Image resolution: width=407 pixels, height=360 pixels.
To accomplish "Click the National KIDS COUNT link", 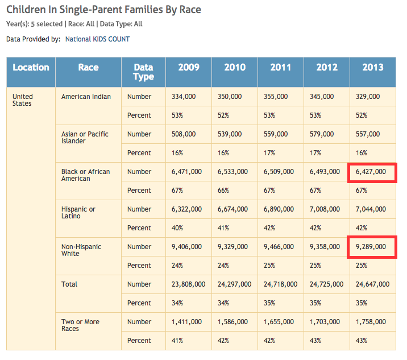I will pyautogui.click(x=97, y=39).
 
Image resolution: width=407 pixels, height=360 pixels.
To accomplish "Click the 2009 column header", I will pyautogui.click(x=189, y=67).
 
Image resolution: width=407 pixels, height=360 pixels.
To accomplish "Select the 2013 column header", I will pyautogui.click(x=373, y=67).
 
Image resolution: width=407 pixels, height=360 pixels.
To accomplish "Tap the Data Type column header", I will pyautogui.click(x=143, y=72).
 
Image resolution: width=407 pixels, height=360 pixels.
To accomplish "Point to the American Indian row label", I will pyautogui.click(x=86, y=97).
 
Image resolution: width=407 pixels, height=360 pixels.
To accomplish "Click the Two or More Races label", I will pyautogui.click(x=80, y=325).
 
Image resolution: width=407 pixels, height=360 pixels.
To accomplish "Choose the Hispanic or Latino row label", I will pyautogui.click(x=78, y=213).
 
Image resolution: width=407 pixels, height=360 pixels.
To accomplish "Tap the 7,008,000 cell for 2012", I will pyautogui.click(x=326, y=209).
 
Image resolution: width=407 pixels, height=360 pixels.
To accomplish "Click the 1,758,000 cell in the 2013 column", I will pyautogui.click(x=373, y=322).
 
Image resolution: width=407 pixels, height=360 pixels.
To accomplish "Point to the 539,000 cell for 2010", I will pyautogui.click(x=230, y=134).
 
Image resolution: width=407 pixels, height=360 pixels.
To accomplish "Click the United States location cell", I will pyautogui.click(x=23, y=100).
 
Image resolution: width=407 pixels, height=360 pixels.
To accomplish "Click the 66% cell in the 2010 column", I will pyautogui.click(x=223, y=191).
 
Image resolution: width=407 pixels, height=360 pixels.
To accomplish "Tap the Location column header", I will pyautogui.click(x=31, y=67).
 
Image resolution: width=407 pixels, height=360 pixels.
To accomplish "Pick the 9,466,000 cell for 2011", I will pyautogui.click(x=279, y=247).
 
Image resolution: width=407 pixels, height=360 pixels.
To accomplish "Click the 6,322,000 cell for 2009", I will pyautogui.click(x=187, y=209).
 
